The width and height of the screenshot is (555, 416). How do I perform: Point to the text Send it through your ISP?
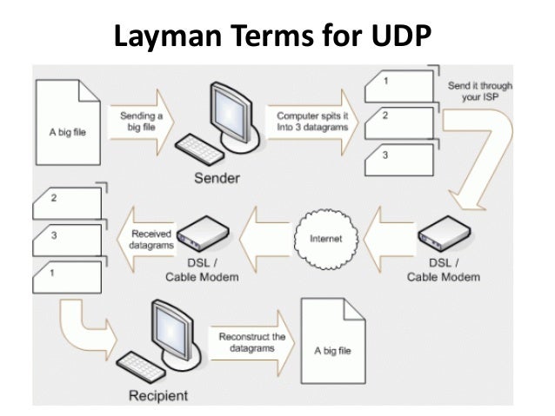[479, 92]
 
